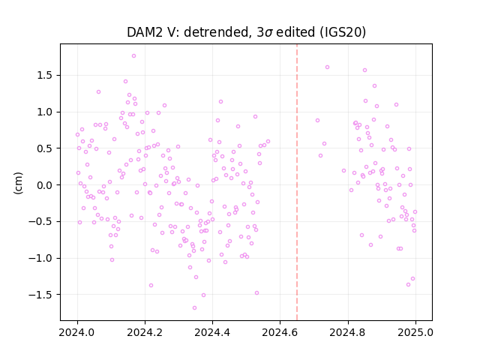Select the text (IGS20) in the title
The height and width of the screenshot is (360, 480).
343,32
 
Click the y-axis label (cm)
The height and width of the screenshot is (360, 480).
18,183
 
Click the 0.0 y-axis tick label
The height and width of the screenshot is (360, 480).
45,185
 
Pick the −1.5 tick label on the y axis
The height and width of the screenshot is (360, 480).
40,295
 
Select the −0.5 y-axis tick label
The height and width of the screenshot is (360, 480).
40,221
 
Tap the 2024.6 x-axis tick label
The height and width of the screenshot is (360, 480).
280,332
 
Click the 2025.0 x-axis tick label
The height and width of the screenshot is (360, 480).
415,332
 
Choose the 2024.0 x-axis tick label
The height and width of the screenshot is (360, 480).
77,332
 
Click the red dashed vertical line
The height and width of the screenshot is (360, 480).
297,182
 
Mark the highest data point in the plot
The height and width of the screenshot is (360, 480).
133,55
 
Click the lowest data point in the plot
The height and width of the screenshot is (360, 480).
194,307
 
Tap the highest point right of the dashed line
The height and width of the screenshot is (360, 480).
327,67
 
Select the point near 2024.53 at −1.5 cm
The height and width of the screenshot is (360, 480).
256,293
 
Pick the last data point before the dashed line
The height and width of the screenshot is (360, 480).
268,142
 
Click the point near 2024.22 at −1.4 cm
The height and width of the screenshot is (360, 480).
151,285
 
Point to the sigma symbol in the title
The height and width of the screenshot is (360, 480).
268,33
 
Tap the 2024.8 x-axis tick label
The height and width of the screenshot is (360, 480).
347,332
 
